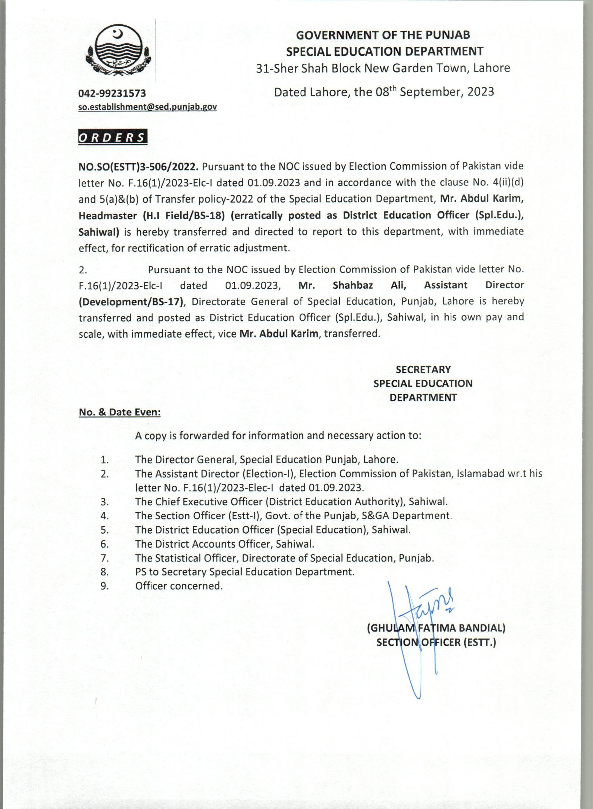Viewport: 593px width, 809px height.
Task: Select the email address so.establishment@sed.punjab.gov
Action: click(x=148, y=107)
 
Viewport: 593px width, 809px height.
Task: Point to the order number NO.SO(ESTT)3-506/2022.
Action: click(x=138, y=167)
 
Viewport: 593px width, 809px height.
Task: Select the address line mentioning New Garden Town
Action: click(x=383, y=68)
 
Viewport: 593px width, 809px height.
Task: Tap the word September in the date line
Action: click(x=427, y=92)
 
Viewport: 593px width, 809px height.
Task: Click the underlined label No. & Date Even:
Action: click(x=120, y=413)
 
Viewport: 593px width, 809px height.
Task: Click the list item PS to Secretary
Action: click(x=245, y=572)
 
